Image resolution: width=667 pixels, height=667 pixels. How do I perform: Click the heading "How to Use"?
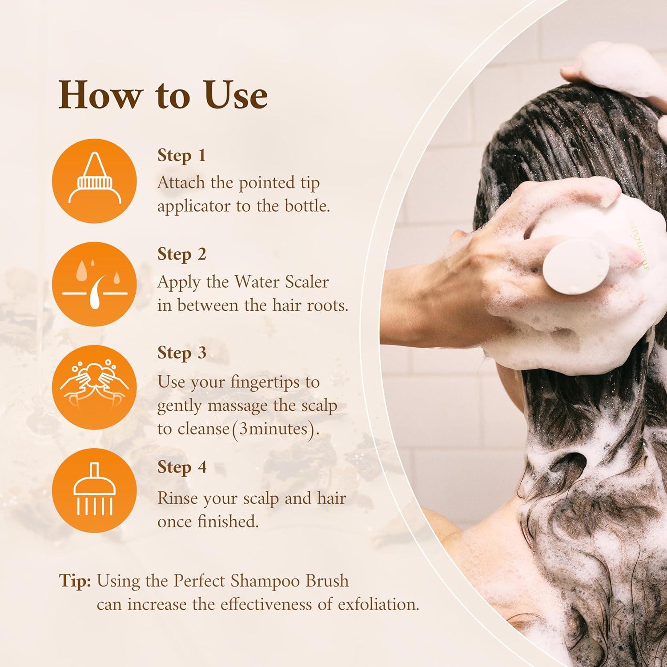pos(163,95)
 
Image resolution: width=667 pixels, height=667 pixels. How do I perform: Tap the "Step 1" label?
pos(181,155)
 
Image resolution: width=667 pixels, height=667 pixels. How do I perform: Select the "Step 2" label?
pos(181,254)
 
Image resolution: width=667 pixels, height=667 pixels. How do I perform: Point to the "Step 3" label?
pos(181,353)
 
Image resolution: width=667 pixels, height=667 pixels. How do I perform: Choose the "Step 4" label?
pos(181,467)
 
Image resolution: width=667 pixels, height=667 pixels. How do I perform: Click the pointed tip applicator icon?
pos(94,181)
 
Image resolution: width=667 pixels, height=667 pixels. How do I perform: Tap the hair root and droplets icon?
pos(94,284)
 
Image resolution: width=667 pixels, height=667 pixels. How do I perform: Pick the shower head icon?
pos(94,490)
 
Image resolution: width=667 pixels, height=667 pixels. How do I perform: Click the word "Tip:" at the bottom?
pos(75,581)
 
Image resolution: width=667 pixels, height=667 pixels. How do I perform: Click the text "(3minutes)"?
pos(276,429)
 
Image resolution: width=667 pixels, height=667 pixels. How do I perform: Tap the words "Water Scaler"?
pos(281,282)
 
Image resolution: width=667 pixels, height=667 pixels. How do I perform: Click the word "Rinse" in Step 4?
pos(176,498)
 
